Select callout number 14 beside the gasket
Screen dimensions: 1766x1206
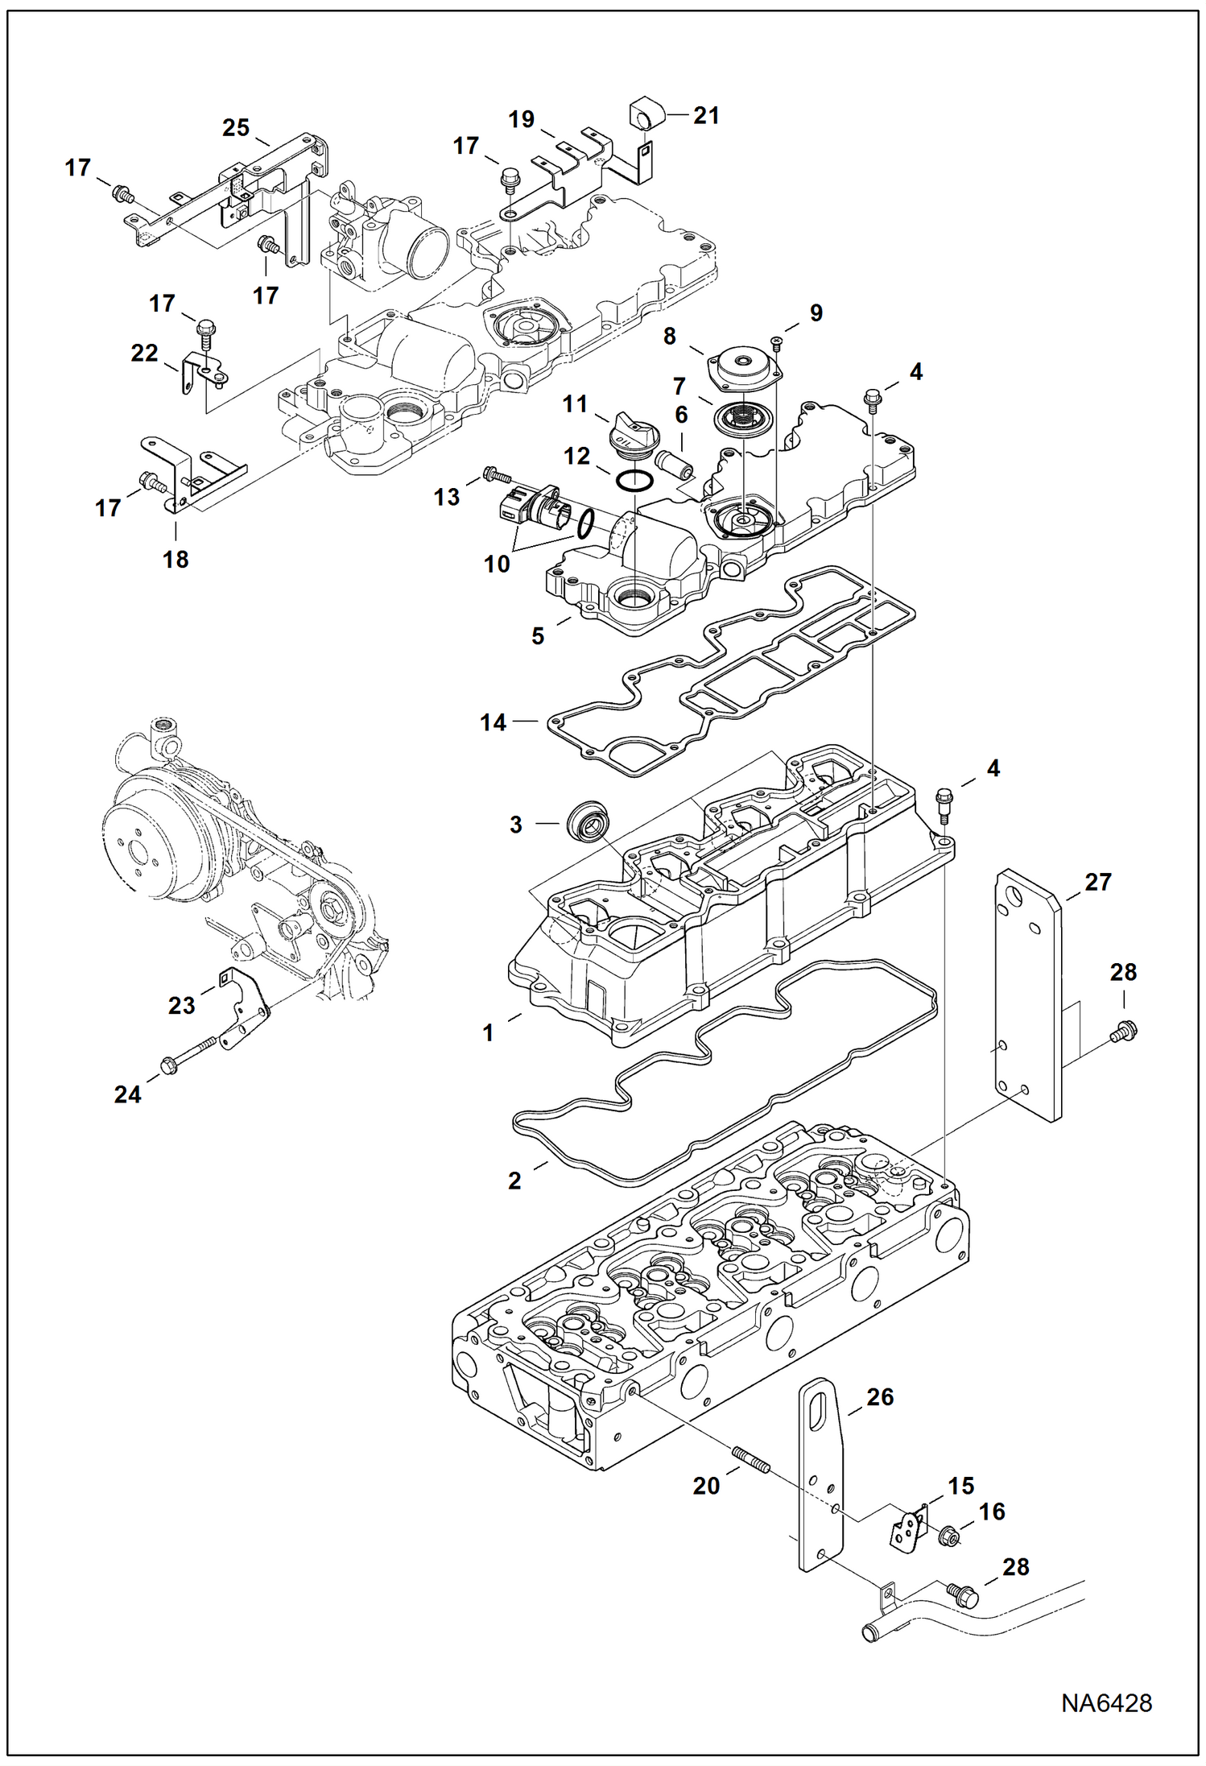493,722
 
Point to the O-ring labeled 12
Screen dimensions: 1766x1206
633,482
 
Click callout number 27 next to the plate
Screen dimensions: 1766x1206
1098,882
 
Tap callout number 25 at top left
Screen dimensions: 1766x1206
235,127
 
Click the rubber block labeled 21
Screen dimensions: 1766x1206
646,114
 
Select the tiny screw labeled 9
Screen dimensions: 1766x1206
776,344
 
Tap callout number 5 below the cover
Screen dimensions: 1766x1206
538,636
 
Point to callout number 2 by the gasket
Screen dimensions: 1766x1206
514,1181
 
